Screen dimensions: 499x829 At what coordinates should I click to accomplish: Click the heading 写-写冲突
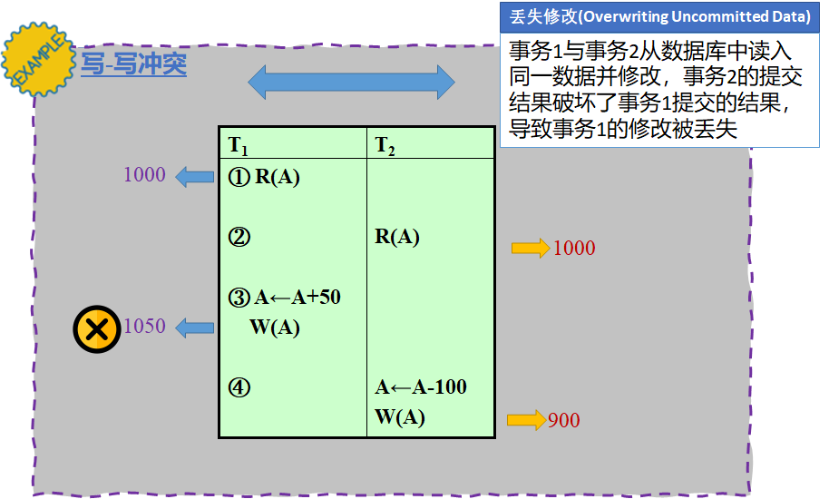pyautogui.click(x=133, y=64)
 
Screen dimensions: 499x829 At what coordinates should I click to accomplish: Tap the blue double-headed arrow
pyautogui.click(x=351, y=83)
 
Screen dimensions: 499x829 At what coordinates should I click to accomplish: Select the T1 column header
pyautogui.click(x=238, y=144)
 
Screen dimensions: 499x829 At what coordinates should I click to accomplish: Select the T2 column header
pyautogui.click(x=385, y=144)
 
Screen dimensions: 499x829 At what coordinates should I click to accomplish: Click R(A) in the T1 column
pyautogui.click(x=277, y=177)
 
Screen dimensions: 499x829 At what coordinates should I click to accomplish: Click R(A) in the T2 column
pyautogui.click(x=397, y=237)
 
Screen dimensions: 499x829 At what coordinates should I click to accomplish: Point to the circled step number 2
pyautogui.click(x=239, y=237)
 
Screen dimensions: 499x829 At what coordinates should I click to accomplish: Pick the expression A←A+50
pyautogui.click(x=297, y=297)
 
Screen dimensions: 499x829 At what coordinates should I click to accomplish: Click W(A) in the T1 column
pyautogui.click(x=274, y=328)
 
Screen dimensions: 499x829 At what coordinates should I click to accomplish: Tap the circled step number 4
pyautogui.click(x=239, y=387)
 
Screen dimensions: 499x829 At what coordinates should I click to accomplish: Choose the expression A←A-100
pyautogui.click(x=421, y=387)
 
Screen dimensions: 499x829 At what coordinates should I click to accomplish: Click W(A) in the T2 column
pyautogui.click(x=399, y=417)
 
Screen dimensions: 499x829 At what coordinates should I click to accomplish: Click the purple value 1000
pyautogui.click(x=144, y=174)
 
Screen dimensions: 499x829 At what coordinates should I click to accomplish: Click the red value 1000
pyautogui.click(x=574, y=248)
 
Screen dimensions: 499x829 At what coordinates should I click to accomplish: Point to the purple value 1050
pyautogui.click(x=144, y=327)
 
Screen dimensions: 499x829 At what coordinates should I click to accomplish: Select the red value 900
pyautogui.click(x=563, y=420)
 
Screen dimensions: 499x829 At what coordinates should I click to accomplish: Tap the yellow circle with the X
pyautogui.click(x=97, y=328)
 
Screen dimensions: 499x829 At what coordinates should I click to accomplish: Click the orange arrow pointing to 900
pyautogui.click(x=525, y=420)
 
